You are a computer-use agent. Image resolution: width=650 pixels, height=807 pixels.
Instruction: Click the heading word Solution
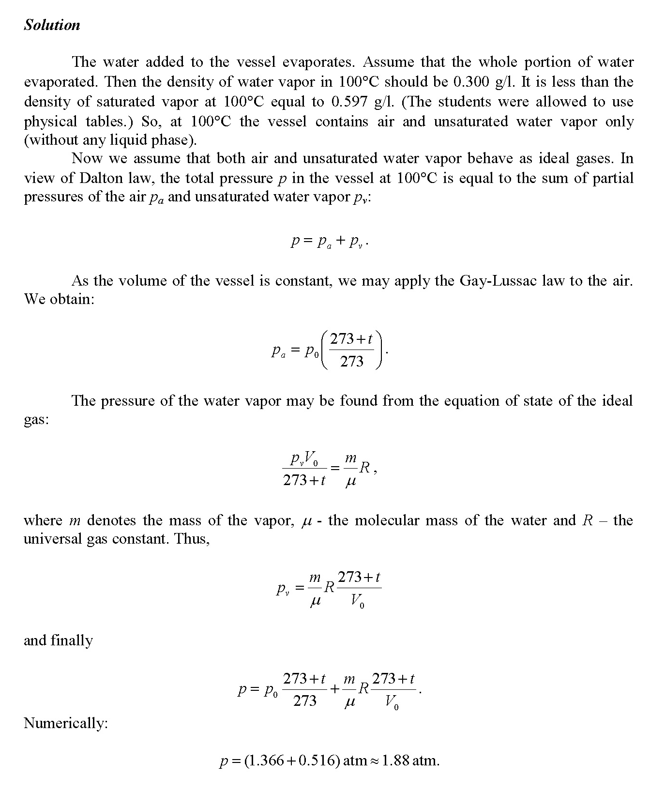click(x=52, y=25)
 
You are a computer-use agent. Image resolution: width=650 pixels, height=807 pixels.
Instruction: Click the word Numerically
click(x=66, y=723)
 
